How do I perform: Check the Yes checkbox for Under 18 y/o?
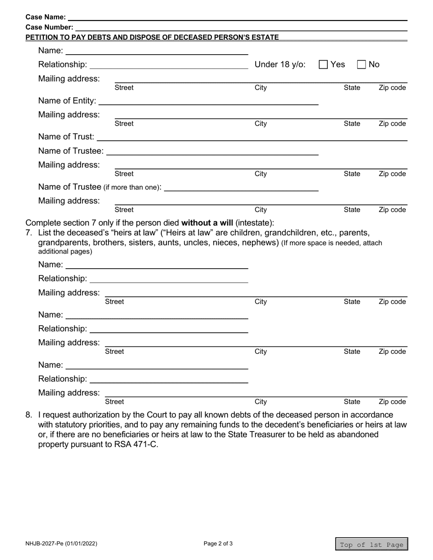point(323,65)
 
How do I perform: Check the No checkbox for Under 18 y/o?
point(361,65)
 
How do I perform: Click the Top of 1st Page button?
point(371,545)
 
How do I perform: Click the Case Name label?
point(46,17)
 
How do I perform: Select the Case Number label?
point(49,27)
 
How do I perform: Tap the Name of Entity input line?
point(208,101)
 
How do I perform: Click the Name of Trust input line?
point(252,137)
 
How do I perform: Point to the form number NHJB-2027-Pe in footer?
point(61,544)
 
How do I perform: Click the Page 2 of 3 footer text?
point(218,544)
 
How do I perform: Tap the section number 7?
point(29,233)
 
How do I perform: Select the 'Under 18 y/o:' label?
point(280,65)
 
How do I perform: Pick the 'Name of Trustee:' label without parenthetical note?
point(71,151)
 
